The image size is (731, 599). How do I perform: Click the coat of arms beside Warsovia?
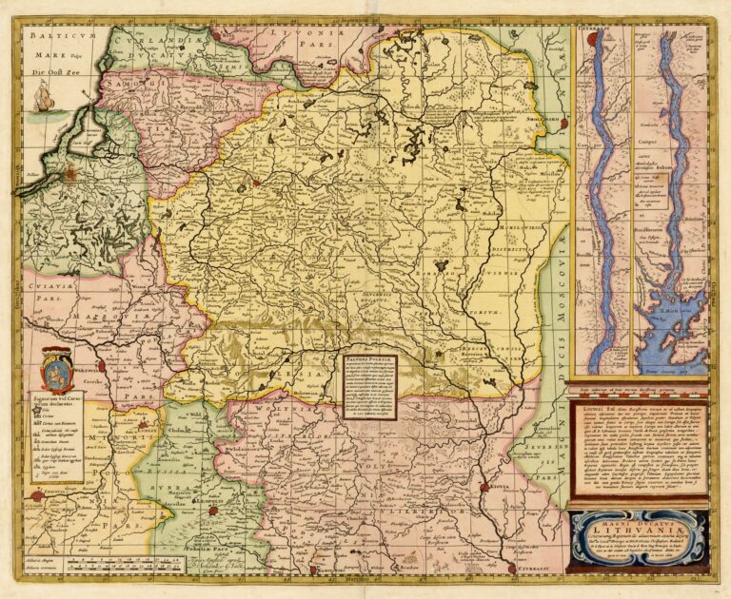click(x=58, y=366)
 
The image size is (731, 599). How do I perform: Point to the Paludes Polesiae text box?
click(x=369, y=385)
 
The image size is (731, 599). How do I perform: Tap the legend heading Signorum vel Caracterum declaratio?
click(x=57, y=394)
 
